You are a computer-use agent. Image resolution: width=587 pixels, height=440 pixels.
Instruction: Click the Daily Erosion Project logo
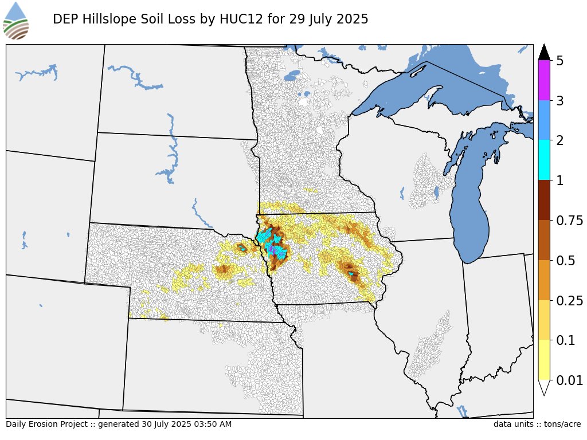[16, 21]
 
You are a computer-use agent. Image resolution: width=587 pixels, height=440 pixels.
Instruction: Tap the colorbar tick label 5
[560, 61]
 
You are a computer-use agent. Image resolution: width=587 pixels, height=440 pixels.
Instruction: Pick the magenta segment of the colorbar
[544, 81]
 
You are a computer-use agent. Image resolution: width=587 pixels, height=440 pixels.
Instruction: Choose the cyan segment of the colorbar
[544, 160]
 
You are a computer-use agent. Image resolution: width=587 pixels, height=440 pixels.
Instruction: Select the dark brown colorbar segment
[544, 201]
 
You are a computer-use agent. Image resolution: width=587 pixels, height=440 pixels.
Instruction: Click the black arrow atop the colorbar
[544, 52]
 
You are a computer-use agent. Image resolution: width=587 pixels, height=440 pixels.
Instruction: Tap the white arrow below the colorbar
[544, 387]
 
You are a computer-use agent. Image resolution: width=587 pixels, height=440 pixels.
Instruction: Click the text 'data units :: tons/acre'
[537, 425]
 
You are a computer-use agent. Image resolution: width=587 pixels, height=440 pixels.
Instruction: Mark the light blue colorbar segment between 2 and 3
[544, 120]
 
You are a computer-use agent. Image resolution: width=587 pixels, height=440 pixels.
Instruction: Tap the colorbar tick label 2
[560, 140]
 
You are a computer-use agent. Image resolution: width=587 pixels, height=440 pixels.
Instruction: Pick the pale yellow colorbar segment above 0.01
[544, 360]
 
